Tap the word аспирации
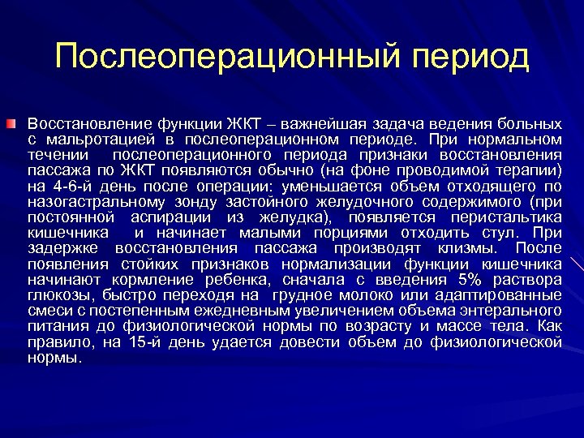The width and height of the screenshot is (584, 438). [176, 217]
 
